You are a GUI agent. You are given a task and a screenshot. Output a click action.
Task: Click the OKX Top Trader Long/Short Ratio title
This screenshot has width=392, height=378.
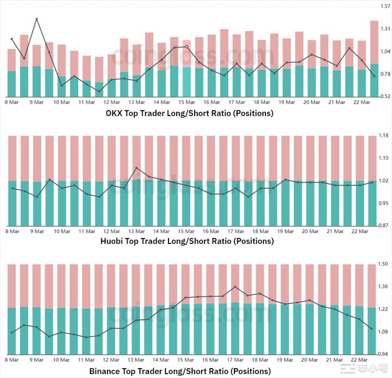point(189,114)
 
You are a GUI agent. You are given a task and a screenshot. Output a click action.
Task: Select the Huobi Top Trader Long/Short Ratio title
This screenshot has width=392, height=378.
point(187,241)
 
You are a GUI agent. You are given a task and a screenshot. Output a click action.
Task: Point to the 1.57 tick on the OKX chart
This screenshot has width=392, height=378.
point(385,6)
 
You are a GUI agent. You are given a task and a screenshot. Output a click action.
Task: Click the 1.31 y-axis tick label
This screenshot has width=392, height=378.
point(385,28)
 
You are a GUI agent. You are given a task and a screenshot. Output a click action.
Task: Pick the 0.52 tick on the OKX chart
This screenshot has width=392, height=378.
point(385,96)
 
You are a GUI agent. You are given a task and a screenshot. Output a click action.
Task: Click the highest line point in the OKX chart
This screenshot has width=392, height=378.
point(37,19)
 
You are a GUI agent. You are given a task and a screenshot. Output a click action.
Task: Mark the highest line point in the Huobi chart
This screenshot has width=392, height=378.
point(137,168)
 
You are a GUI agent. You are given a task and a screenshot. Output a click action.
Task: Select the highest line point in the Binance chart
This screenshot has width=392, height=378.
point(235,286)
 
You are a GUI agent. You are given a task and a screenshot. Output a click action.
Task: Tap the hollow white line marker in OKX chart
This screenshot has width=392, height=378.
point(187,47)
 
